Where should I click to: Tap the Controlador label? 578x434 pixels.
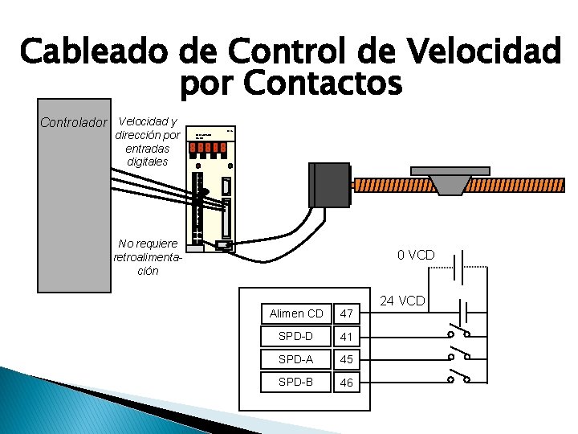[73, 123]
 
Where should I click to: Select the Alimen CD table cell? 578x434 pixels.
[296, 313]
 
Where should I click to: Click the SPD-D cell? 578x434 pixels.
[296, 335]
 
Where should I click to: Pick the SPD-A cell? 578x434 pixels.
[296, 358]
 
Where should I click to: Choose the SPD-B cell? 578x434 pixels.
[296, 381]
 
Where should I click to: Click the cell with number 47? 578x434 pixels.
[346, 313]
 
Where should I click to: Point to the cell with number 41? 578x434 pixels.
[346, 336]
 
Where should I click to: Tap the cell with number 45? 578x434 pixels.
[346, 358]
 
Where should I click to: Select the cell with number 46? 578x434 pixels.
[346, 383]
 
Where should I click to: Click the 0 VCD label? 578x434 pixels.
[416, 256]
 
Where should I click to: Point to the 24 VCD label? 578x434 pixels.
[402, 301]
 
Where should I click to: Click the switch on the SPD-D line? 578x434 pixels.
[458, 331]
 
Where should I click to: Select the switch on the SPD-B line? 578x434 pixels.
[458, 376]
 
